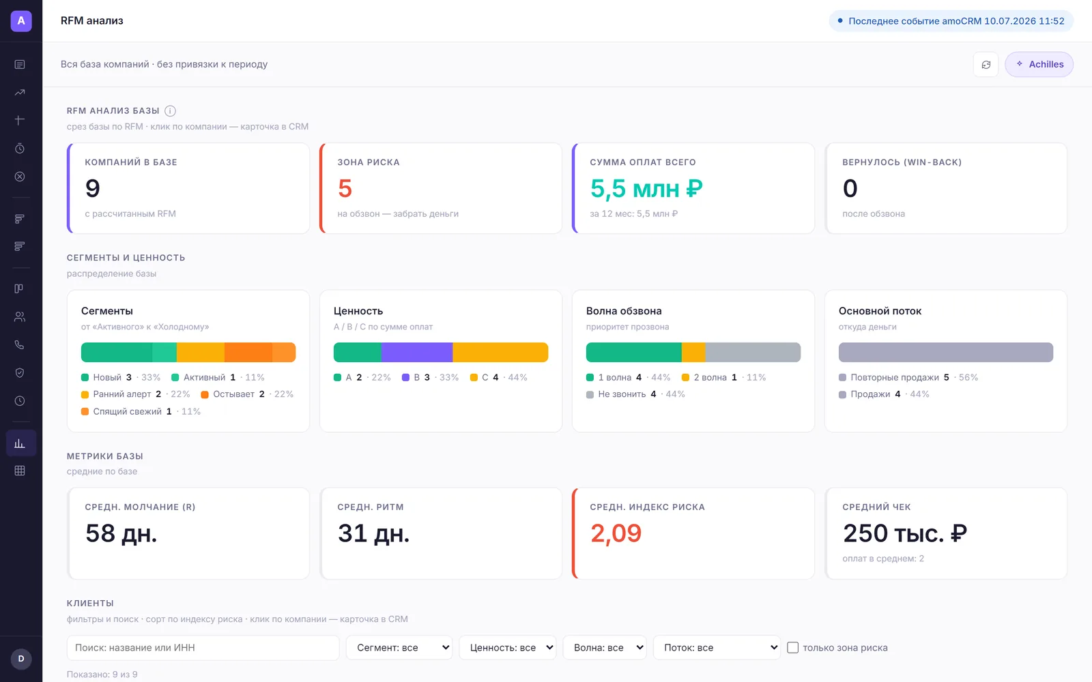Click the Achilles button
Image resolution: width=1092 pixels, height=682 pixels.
click(1039, 64)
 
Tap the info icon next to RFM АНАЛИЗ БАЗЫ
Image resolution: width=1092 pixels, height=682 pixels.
click(170, 111)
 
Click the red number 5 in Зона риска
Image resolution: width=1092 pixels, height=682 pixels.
click(345, 188)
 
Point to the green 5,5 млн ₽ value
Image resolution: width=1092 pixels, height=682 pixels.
click(646, 188)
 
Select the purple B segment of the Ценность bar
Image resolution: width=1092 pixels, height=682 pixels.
click(417, 352)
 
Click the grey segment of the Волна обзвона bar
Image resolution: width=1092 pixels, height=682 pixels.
click(753, 352)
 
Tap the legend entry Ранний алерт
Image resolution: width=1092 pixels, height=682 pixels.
click(122, 394)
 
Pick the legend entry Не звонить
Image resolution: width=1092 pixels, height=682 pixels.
click(622, 394)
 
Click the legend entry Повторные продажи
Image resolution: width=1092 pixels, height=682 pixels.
click(895, 378)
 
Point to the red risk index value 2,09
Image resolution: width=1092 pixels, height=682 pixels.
click(616, 533)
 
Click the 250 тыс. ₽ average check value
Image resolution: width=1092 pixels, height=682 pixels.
click(905, 533)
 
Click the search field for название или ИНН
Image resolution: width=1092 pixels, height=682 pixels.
click(203, 648)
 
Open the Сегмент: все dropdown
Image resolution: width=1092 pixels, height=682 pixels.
click(399, 648)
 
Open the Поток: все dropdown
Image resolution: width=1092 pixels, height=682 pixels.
click(717, 648)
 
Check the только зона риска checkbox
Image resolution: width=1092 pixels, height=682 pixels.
click(792, 648)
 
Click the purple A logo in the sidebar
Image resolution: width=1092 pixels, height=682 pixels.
click(21, 21)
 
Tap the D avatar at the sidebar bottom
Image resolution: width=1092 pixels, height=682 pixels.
click(21, 659)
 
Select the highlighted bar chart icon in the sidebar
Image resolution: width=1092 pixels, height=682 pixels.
click(20, 443)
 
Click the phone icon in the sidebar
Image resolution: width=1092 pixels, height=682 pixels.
click(20, 345)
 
